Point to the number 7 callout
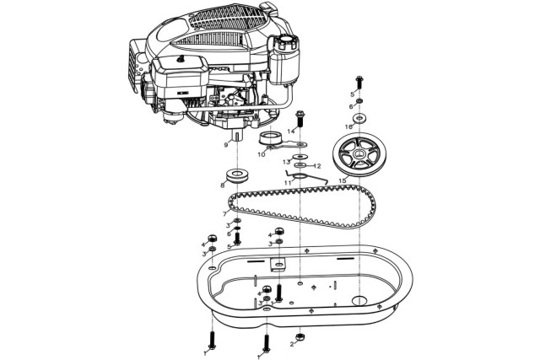point(225,214)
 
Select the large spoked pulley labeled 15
point(359,154)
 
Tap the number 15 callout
point(343,180)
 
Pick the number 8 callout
point(223,185)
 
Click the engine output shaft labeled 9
point(238,134)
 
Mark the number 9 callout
point(226,145)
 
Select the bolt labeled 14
point(300,119)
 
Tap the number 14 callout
point(291,132)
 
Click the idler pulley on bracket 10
point(269,139)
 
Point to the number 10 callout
point(262,154)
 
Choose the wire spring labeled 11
point(305,178)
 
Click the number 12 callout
point(317,166)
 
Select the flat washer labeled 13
point(300,157)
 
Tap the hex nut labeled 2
point(300,336)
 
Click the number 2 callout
point(292,344)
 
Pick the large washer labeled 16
point(359,118)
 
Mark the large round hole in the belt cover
point(359,300)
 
